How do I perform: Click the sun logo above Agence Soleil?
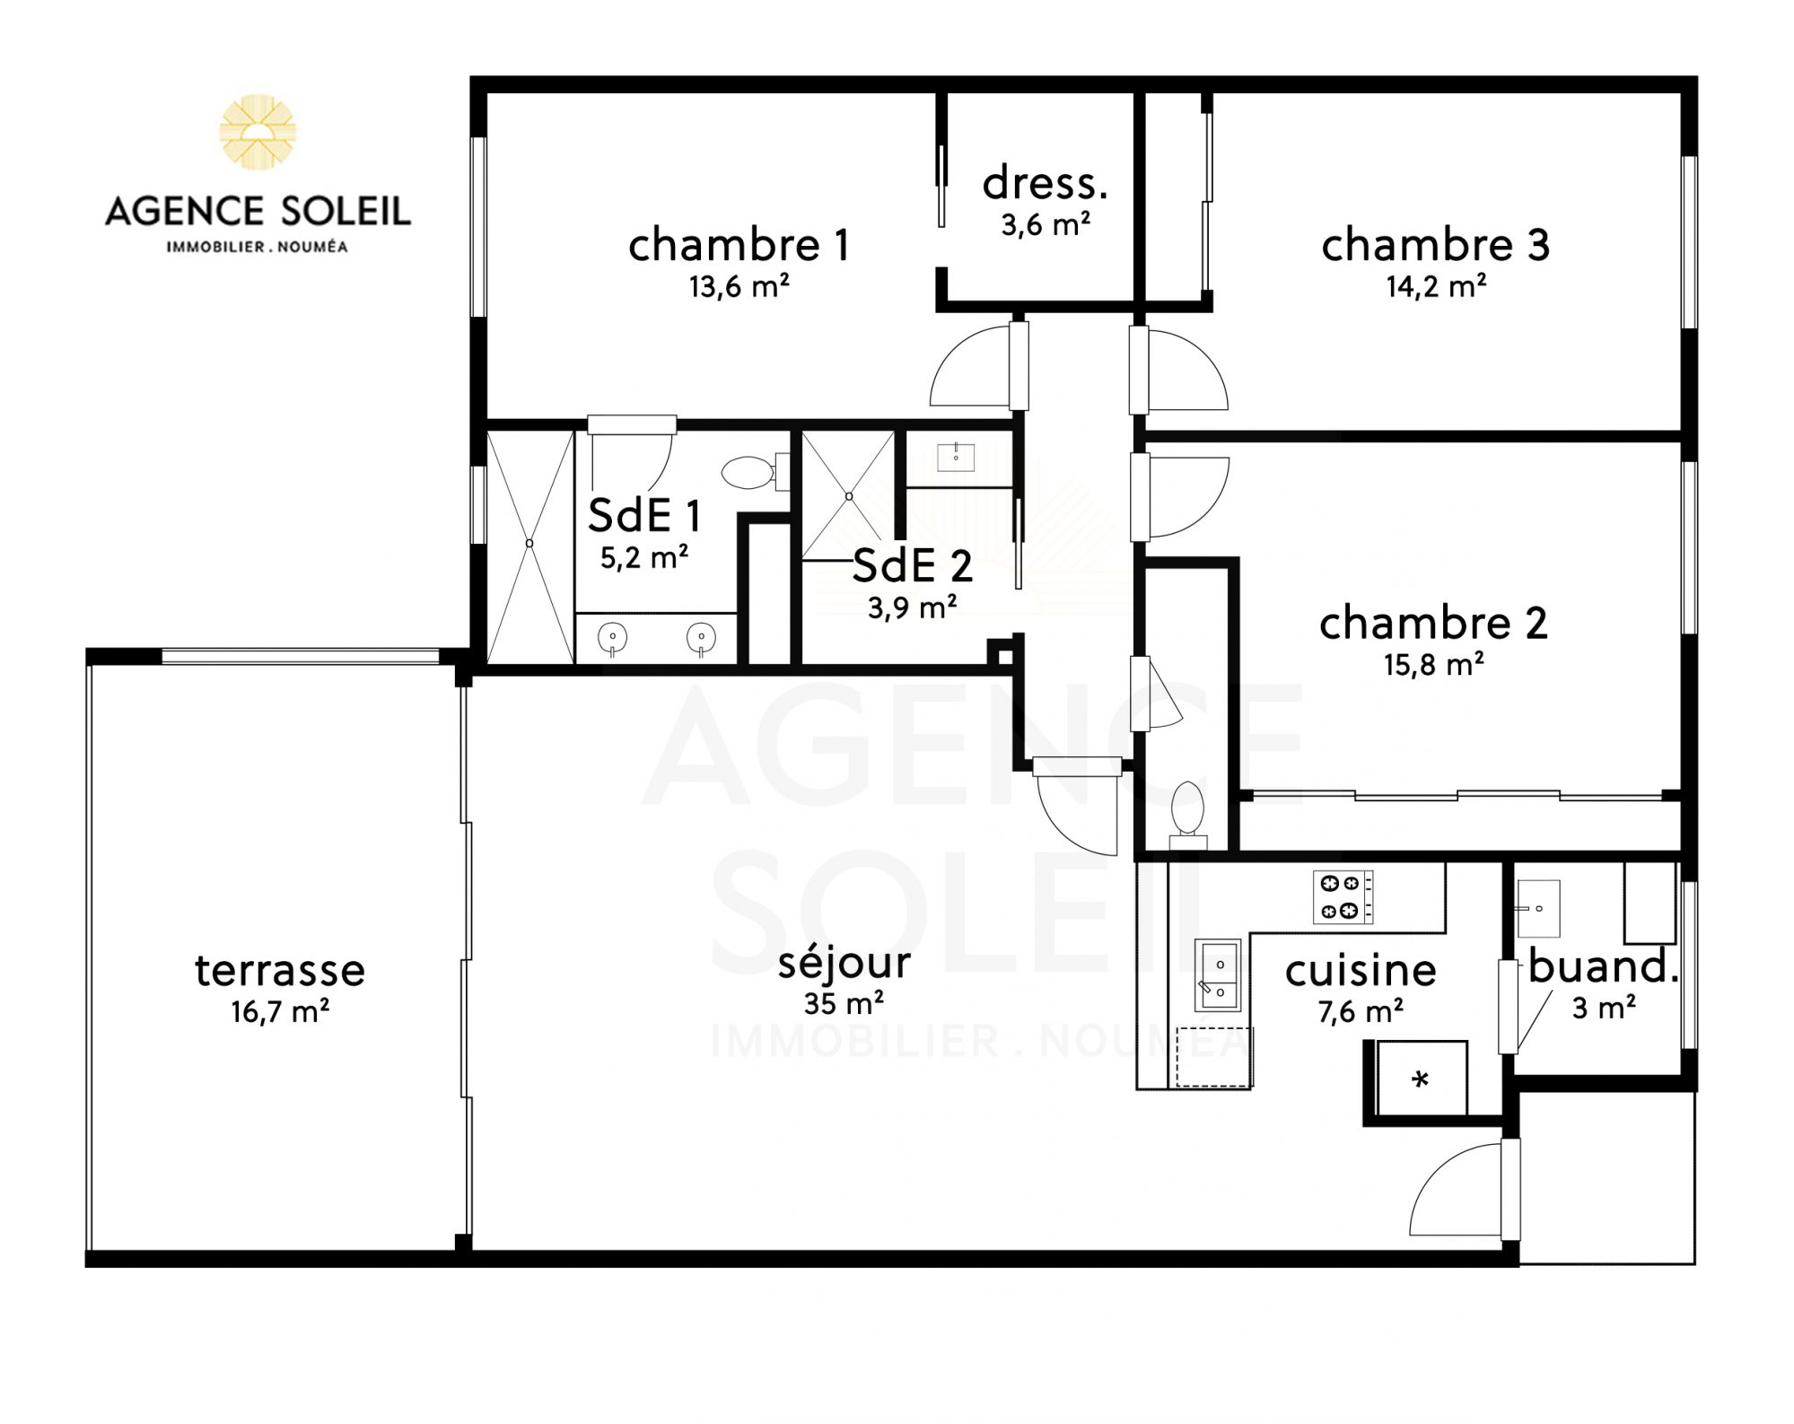coord(258,131)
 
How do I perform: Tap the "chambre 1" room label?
coord(739,245)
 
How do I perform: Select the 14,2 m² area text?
coord(1436,286)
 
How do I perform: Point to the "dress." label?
coord(1045,183)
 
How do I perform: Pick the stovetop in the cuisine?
coord(1343,896)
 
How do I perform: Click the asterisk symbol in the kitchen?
coord(1420,1079)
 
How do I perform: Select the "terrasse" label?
coord(280,970)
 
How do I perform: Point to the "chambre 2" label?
coord(1433,624)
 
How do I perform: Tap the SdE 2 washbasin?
coord(956,458)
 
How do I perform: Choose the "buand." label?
coord(1603,966)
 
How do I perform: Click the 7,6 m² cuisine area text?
coord(1361,1011)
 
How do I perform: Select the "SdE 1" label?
coord(643,515)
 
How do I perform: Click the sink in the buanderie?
coord(1537,908)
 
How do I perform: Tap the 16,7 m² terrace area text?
coord(280,1011)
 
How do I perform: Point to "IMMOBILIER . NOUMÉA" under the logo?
coord(257,246)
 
